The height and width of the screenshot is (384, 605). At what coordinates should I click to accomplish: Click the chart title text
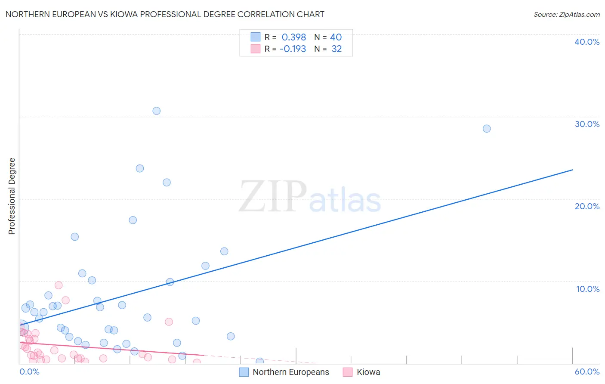click(x=165, y=14)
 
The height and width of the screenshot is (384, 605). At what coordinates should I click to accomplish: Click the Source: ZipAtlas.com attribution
click(x=566, y=14)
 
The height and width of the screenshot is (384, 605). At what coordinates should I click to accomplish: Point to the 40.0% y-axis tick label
click(x=587, y=42)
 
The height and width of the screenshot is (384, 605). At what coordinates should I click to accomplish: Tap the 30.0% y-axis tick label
click(x=587, y=124)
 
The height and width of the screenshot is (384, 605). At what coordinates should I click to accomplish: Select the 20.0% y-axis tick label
click(x=587, y=206)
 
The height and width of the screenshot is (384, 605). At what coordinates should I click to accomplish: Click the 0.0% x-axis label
click(x=29, y=372)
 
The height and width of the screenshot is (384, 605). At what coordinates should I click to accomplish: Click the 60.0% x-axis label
click(x=587, y=372)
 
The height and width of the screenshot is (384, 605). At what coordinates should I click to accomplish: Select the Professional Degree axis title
click(x=12, y=196)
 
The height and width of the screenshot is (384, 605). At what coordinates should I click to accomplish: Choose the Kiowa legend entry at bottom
click(x=368, y=372)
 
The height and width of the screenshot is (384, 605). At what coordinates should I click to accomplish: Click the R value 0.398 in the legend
click(x=293, y=37)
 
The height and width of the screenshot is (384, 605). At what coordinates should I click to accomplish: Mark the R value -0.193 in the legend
click(x=293, y=49)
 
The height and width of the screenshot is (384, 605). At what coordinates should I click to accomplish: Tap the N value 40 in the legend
click(x=336, y=37)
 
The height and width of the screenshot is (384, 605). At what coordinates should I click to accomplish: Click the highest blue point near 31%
click(x=156, y=111)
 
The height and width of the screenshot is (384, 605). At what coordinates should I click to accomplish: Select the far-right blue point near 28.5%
click(x=486, y=128)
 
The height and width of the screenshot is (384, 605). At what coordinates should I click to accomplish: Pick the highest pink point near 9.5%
click(x=59, y=285)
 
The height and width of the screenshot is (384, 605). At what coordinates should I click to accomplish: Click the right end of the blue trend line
click(x=572, y=170)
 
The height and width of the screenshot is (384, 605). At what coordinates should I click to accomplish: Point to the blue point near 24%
click(x=139, y=168)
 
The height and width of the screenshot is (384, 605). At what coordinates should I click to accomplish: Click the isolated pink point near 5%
click(x=169, y=322)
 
